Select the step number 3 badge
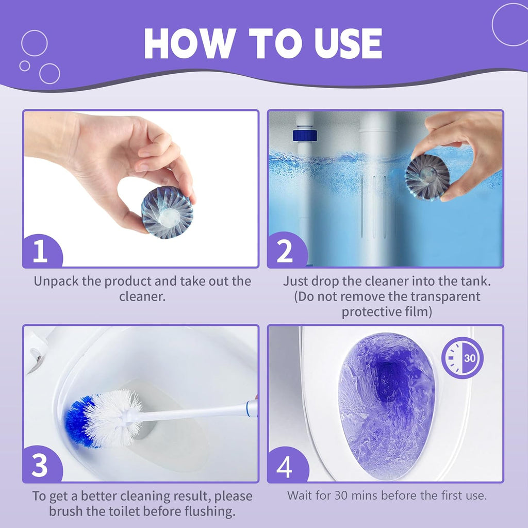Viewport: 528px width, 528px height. pos(41,467)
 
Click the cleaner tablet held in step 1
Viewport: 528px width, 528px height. pos(167,212)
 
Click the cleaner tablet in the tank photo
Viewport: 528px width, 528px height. pos(427,177)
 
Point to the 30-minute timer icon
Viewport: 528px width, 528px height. pos(463,357)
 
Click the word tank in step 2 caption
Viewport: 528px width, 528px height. pos(475,282)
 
